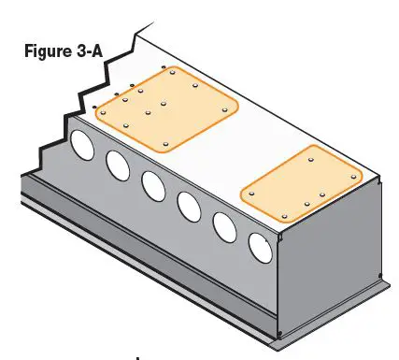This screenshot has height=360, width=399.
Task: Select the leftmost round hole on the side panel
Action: click(x=82, y=144)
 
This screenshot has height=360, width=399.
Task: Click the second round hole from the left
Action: click(x=118, y=164)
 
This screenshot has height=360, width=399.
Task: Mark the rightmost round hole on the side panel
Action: click(x=259, y=246)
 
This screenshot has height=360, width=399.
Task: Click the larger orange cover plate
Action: click(x=168, y=110)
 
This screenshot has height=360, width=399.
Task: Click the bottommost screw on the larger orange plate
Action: click(x=164, y=144)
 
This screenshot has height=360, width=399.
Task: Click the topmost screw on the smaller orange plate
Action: click(x=311, y=160)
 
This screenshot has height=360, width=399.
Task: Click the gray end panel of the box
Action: click(x=331, y=262)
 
